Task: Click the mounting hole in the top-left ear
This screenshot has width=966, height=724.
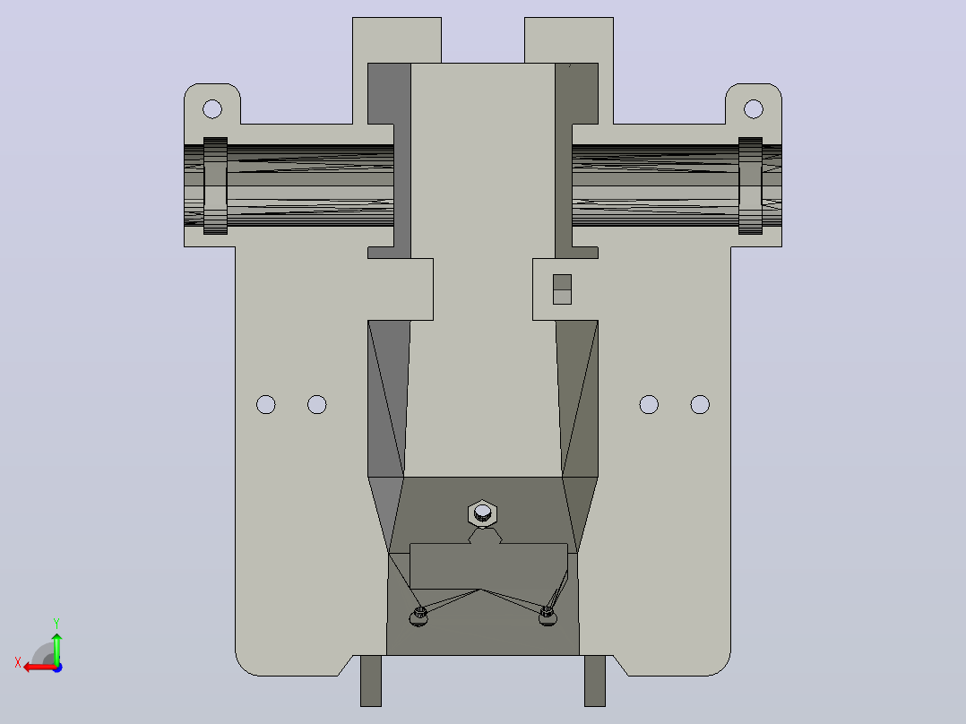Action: coord(212,109)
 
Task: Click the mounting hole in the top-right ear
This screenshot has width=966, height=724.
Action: coord(754,109)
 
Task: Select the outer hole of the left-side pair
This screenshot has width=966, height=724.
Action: coord(266,405)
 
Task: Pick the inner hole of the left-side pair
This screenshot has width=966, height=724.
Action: coord(316,405)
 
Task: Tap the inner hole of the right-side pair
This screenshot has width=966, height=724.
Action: coord(649,405)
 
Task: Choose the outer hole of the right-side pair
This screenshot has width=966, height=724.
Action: coord(700,405)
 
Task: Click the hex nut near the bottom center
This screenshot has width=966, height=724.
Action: coord(482,513)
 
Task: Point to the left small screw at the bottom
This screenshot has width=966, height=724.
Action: coord(419,616)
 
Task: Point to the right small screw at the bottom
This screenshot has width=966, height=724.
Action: coord(547,616)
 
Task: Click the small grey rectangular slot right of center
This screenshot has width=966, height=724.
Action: coord(562,289)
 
